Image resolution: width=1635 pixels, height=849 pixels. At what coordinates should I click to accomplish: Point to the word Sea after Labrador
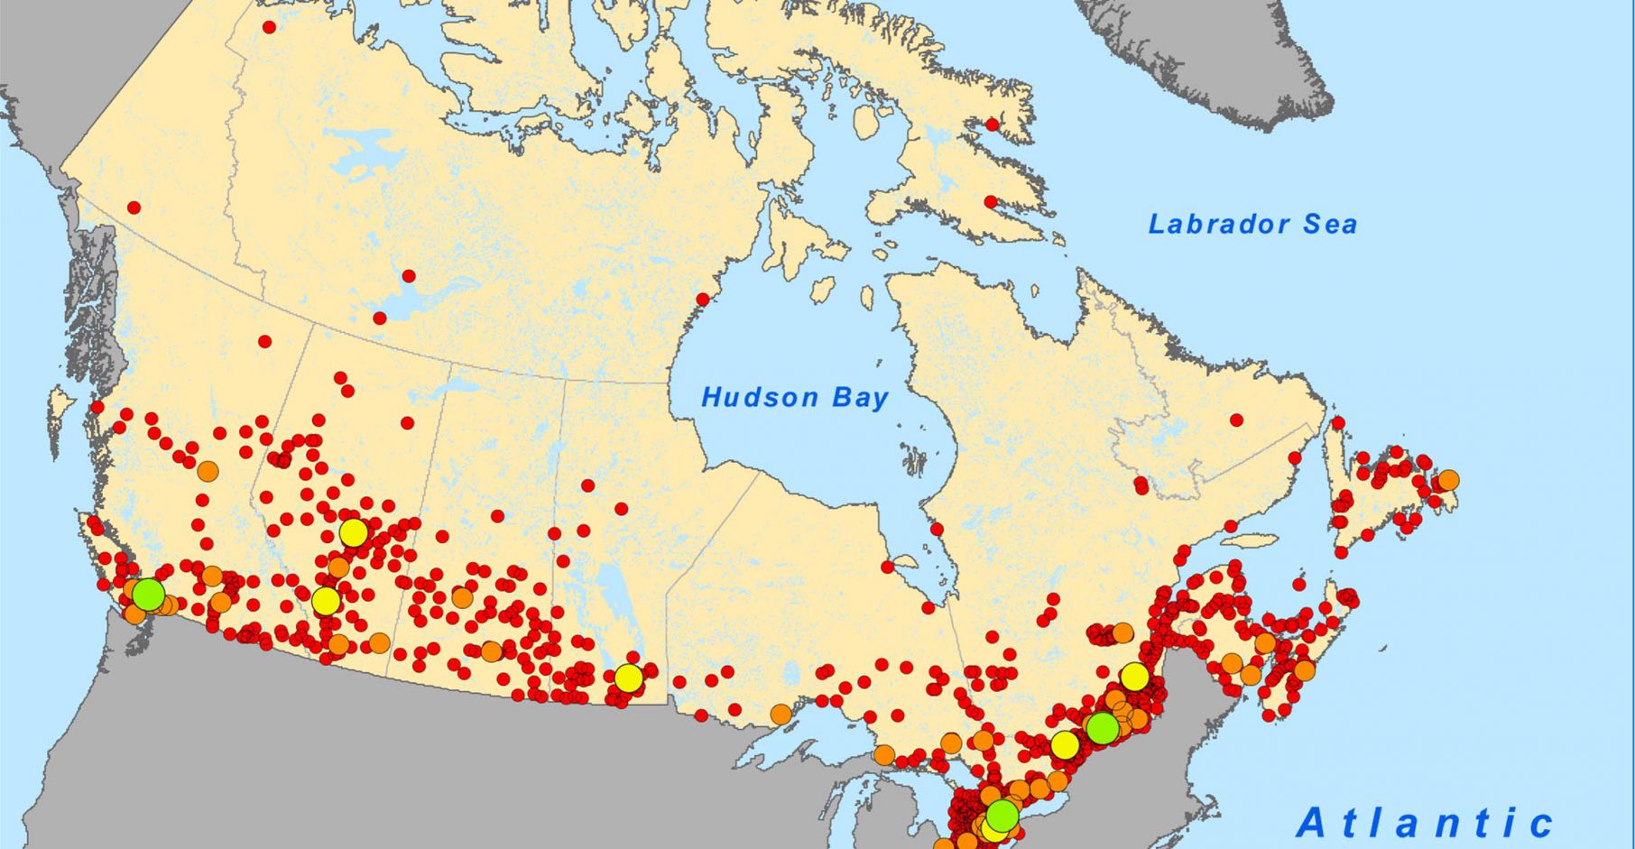coord(1329,225)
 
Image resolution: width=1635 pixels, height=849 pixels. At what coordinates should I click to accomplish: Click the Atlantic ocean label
coord(1426,823)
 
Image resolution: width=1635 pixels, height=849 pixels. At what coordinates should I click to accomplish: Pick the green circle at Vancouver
coord(149,595)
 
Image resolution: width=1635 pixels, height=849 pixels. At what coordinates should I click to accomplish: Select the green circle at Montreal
coord(1102,727)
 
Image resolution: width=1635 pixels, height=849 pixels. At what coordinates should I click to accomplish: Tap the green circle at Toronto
coord(1002,816)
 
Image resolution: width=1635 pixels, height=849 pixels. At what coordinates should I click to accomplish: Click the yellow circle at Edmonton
coord(354,532)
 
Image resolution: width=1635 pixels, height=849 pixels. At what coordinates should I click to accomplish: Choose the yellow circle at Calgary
coord(326,600)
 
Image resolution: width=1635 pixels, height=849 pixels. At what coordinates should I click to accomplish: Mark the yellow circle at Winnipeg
coord(629,678)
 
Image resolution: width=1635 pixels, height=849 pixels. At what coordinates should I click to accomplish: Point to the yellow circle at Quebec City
coord(1134,676)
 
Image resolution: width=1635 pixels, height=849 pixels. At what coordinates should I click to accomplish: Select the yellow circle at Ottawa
coord(1065,745)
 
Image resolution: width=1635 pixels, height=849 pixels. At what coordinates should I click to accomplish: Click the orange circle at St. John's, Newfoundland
coord(1447,480)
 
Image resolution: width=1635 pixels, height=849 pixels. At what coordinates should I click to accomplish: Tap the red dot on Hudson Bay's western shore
coord(703,300)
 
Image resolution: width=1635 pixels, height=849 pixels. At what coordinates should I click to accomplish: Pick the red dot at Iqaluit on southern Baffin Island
coord(991,202)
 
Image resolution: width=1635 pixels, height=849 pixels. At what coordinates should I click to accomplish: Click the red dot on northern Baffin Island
coord(993,125)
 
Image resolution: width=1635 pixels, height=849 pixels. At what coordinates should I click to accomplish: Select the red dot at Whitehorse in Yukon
coord(134,208)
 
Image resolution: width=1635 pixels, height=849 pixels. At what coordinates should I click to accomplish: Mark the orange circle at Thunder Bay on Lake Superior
coord(781,715)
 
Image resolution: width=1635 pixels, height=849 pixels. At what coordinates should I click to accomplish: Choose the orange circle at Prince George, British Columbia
coord(208,471)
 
